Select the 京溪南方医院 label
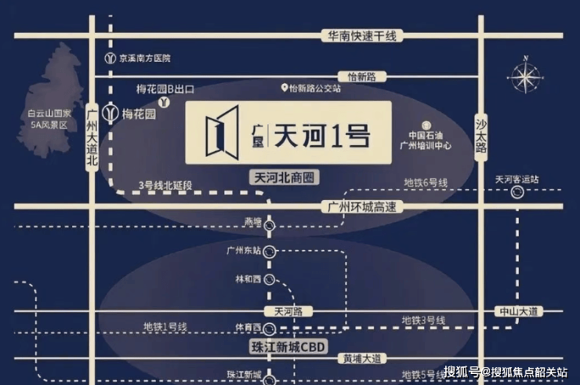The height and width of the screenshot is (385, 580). (145, 58)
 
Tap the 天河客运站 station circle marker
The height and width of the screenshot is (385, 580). (517, 192)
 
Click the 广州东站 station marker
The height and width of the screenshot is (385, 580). (270, 251)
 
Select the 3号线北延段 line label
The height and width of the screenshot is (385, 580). (165, 185)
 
